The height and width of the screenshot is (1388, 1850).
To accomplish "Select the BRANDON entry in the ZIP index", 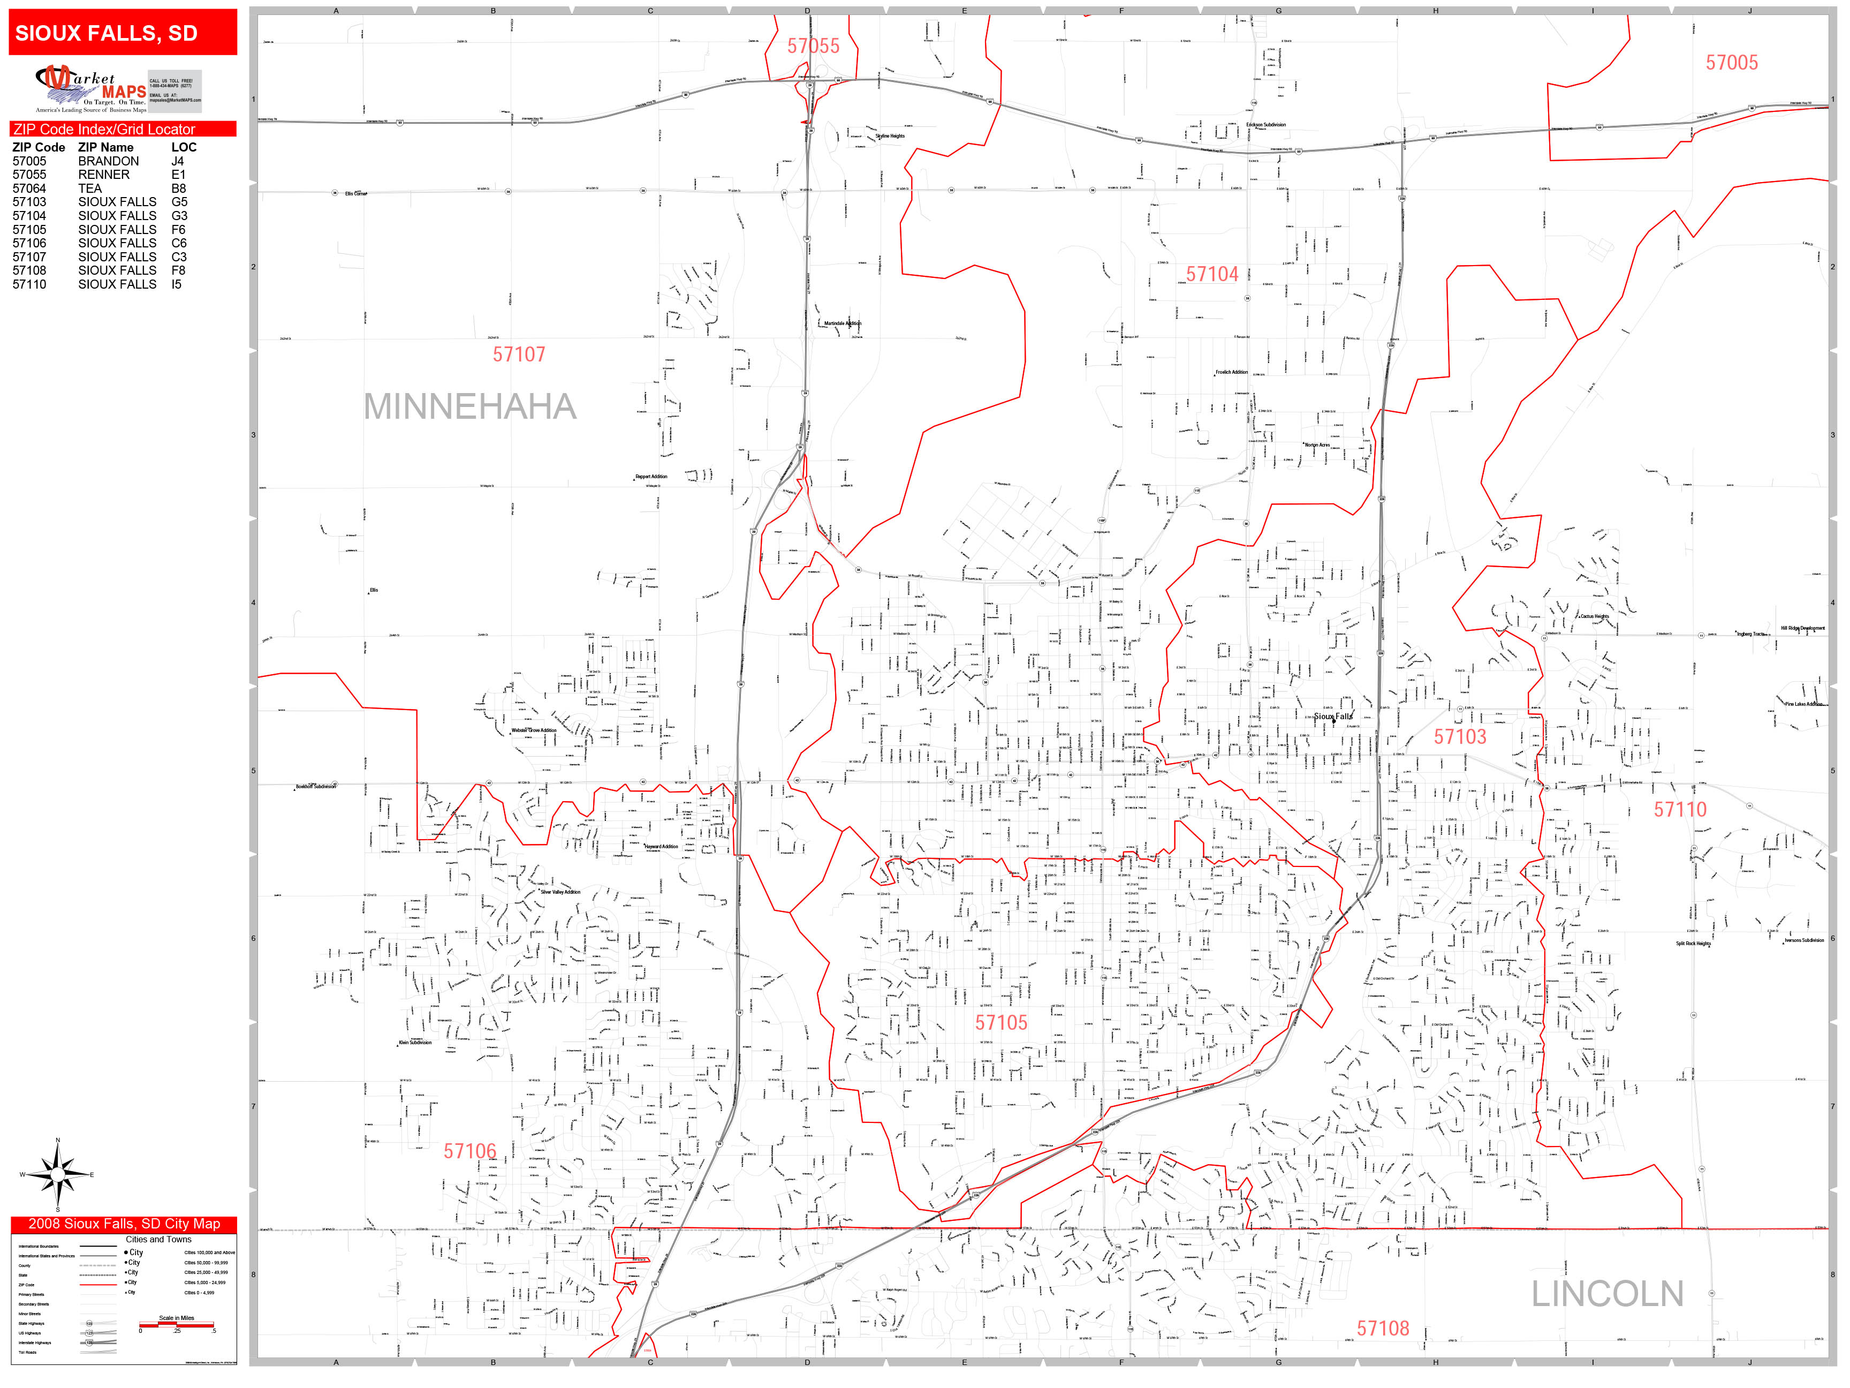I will point(109,161).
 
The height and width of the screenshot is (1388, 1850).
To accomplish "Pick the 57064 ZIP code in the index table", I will point(29,188).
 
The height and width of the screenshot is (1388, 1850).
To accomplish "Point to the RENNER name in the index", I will point(104,175).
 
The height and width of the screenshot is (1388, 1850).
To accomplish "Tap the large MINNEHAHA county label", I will point(470,406).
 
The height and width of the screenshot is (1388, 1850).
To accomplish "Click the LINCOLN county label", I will point(1606,1293).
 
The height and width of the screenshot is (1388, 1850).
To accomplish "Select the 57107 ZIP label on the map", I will point(519,354).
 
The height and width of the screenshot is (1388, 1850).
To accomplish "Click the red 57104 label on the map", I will point(1212,274).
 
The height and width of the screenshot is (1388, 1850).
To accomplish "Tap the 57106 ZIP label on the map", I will point(470,1151).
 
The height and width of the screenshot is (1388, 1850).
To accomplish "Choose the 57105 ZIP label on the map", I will point(1001,1022).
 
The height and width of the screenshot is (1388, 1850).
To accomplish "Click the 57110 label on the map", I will point(1679,809).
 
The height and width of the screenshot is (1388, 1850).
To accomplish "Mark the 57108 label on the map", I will point(1383,1328).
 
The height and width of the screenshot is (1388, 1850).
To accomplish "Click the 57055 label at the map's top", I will point(813,46).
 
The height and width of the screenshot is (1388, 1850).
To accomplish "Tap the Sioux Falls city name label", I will point(1332,716).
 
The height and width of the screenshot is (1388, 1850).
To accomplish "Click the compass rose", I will point(58,1175).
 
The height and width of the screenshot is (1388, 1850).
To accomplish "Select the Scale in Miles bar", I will point(177,1324).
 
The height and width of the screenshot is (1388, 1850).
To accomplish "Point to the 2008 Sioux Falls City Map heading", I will point(124,1223).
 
